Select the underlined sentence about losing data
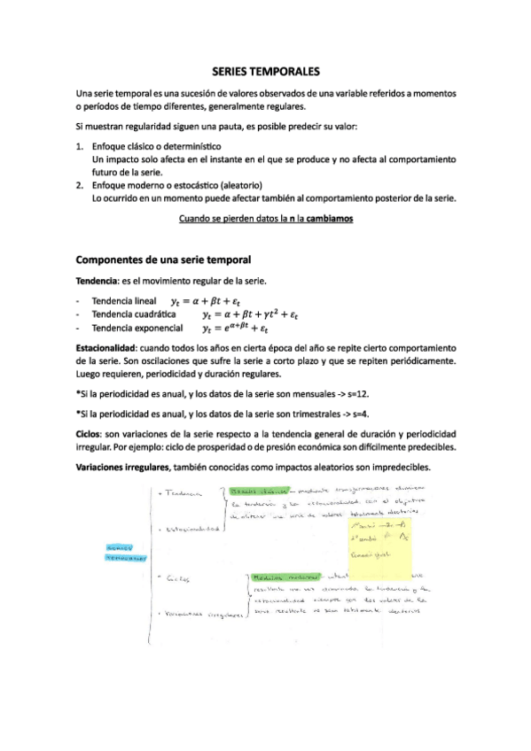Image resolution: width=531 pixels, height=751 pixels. pos(266,216)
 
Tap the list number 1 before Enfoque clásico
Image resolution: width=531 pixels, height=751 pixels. pos(80,145)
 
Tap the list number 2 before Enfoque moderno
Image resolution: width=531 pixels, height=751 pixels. pos(80,185)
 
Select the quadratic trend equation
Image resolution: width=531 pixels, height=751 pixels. pos(251,314)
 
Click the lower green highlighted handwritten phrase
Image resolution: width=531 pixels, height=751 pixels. pos(285,576)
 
